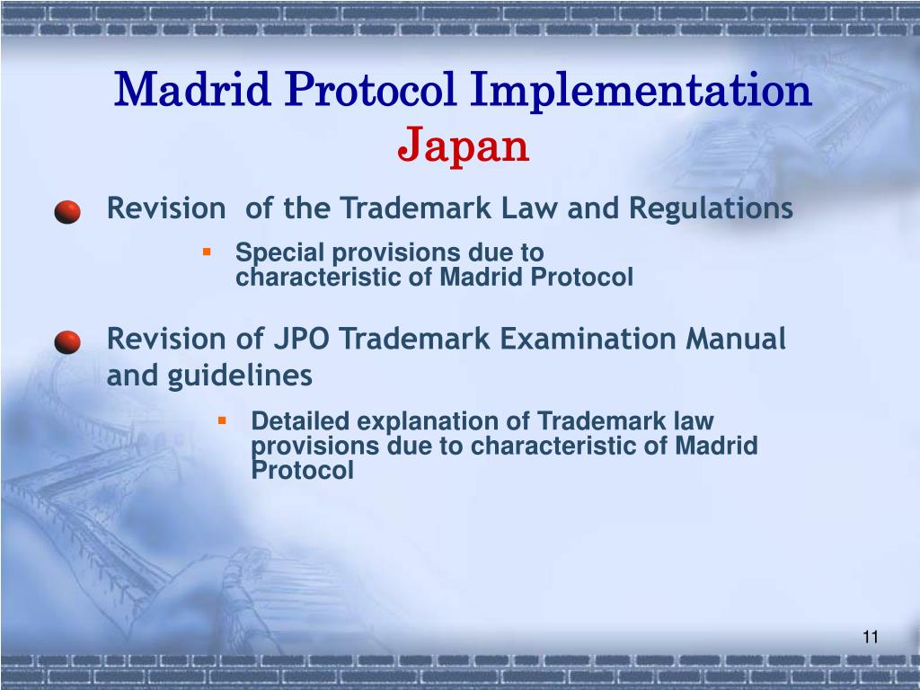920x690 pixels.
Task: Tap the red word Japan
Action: tap(464, 146)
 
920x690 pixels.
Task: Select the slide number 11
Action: tap(869, 638)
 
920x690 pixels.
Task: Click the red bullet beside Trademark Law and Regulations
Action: tap(67, 213)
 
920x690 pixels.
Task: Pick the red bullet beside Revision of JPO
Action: tap(67, 343)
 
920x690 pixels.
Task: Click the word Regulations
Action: tap(711, 208)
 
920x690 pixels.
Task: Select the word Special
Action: tap(273, 253)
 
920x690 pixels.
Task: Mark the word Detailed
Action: tap(301, 420)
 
